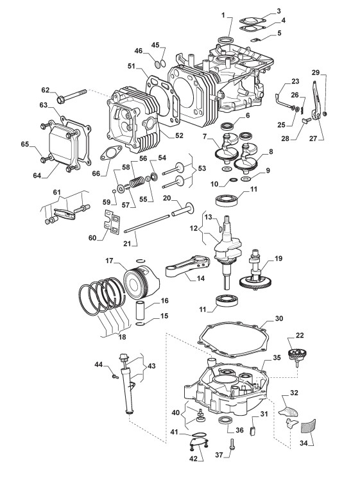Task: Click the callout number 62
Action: point(45,90)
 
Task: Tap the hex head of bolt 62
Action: point(61,99)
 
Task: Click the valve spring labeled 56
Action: point(136,183)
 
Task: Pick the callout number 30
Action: point(279,318)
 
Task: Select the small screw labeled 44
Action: point(116,377)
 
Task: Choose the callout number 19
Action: point(279,259)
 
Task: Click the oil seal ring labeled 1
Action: point(226,40)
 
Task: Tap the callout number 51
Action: point(132,66)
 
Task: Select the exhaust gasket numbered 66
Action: point(111,153)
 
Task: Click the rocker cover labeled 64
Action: point(64,146)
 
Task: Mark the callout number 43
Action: point(151,365)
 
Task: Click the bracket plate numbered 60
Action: point(112,223)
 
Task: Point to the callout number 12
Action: point(194,228)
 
